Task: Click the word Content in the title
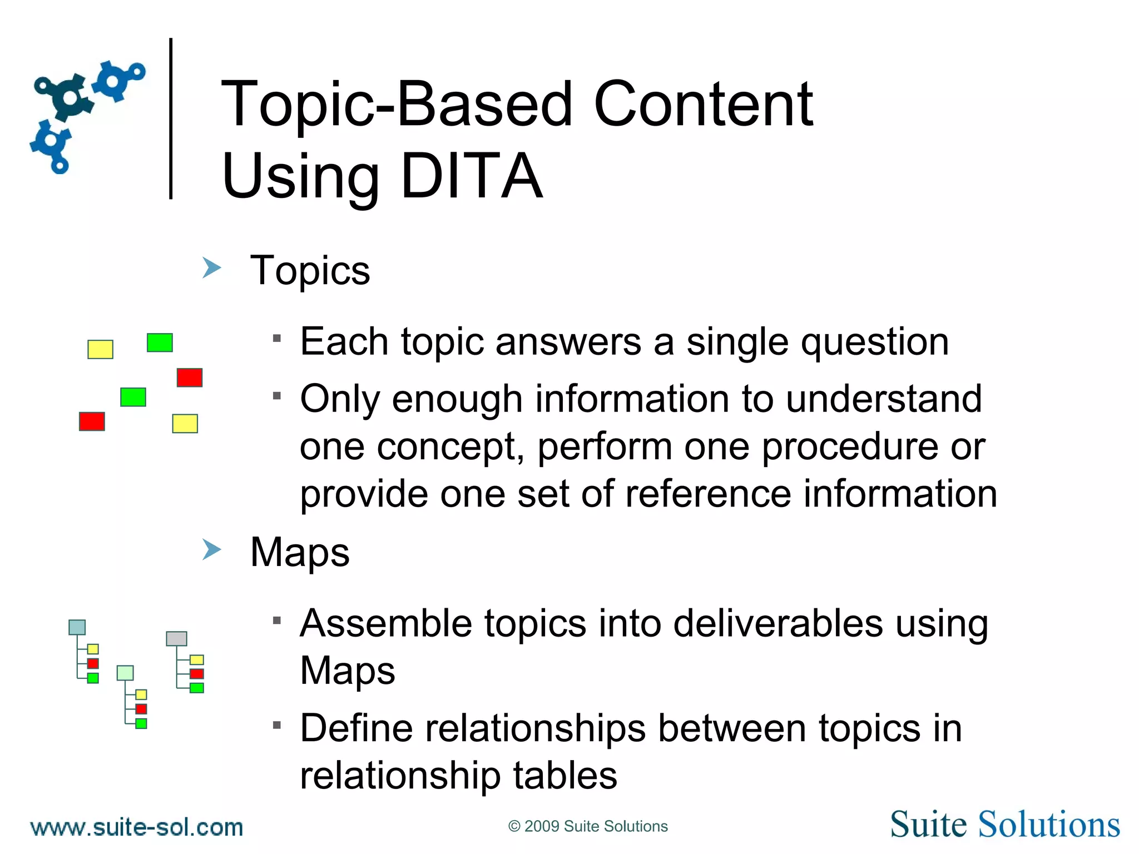[703, 105]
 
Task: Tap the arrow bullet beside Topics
[211, 268]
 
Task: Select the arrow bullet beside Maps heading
[211, 550]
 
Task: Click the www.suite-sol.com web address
[137, 828]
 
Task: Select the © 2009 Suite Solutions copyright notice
[588, 827]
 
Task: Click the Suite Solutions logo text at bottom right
[1004, 825]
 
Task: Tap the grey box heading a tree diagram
[176, 638]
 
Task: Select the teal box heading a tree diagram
[77, 627]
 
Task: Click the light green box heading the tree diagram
[125, 673]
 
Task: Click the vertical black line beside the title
[171, 118]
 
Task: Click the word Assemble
[385, 623]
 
